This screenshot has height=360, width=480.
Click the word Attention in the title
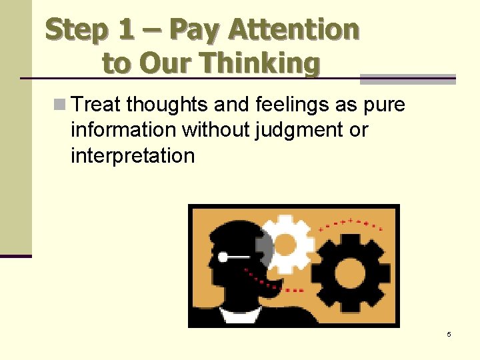293,29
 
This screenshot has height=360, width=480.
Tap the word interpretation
133,155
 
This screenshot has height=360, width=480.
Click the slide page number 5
449,334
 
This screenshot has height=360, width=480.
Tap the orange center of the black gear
349,270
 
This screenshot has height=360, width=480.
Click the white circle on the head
224,256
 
